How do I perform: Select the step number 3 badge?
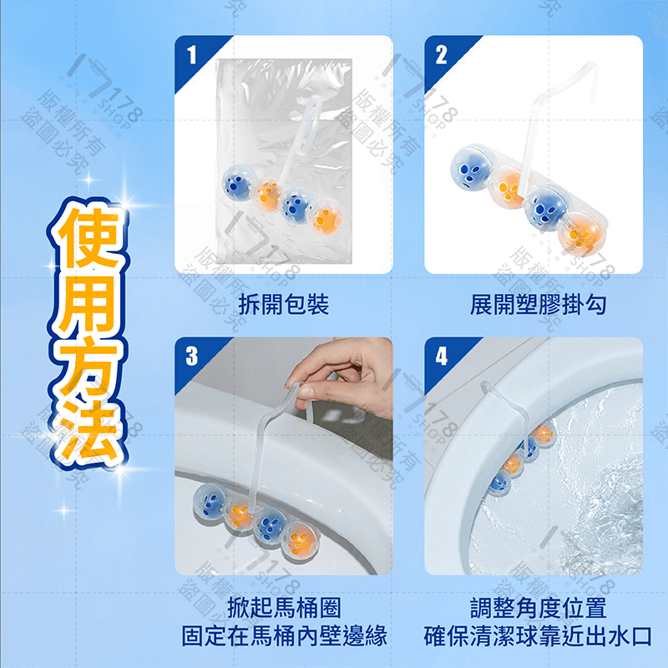click(x=192, y=357)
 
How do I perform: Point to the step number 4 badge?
click(x=442, y=357)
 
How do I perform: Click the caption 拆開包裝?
click(x=283, y=304)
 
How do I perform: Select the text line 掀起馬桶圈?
click(x=283, y=608)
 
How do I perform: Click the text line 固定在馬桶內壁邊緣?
click(x=284, y=636)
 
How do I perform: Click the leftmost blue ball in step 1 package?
click(x=237, y=182)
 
